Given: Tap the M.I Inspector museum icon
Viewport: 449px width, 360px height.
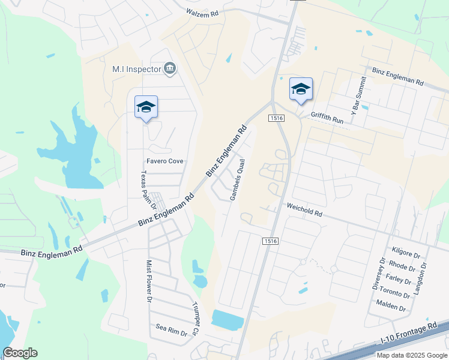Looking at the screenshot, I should [x=170, y=69].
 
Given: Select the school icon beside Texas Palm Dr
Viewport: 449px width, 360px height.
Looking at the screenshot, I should [x=146, y=107].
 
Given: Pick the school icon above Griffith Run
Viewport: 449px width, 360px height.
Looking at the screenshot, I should [x=301, y=89].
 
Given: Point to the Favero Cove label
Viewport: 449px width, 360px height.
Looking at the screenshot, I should [x=165, y=161].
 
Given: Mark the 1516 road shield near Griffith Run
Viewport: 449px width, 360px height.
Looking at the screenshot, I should [x=276, y=118].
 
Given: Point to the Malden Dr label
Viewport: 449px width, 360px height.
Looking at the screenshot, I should [x=391, y=309].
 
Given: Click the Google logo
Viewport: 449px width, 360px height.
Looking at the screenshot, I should [x=20, y=353].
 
